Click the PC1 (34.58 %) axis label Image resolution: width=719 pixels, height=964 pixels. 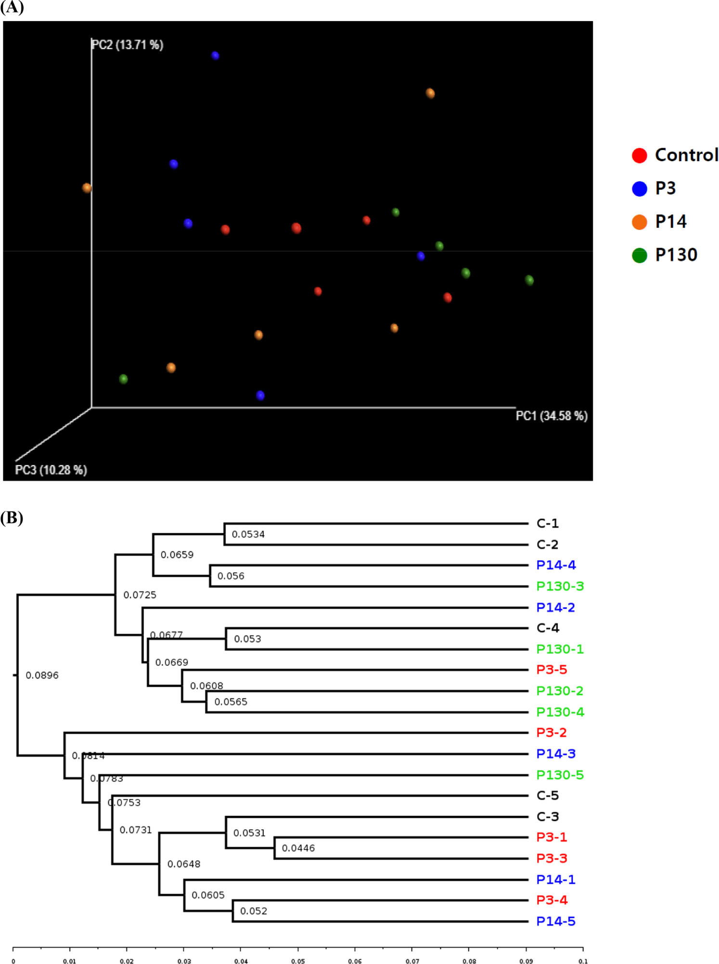click(551, 416)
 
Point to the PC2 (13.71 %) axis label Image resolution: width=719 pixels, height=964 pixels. click(128, 45)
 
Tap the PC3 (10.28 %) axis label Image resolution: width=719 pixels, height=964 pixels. click(51, 470)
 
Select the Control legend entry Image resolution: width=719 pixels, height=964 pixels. click(686, 155)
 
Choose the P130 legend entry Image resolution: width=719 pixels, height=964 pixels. click(676, 255)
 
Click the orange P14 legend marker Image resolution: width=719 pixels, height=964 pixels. click(639, 222)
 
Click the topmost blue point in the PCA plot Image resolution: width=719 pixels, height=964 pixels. click(215, 56)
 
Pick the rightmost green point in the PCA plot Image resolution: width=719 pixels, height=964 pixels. click(529, 280)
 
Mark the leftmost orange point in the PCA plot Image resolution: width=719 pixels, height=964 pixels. click(87, 188)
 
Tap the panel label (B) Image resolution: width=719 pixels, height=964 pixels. click(12, 518)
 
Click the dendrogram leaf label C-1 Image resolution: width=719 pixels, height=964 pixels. click(547, 523)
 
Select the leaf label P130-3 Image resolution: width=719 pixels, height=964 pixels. click(560, 586)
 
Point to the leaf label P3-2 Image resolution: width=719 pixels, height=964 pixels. click(552, 732)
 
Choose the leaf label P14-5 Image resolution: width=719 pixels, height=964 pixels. click(556, 921)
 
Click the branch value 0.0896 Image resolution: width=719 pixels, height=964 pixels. click(42, 675)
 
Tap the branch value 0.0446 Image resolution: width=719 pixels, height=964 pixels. click(298, 848)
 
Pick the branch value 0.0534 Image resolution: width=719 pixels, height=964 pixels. click(248, 534)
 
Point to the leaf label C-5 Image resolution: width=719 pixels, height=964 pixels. click(547, 795)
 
